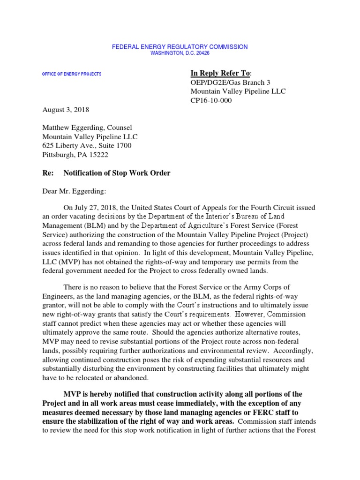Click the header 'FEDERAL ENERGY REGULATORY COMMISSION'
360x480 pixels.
click(x=180, y=47)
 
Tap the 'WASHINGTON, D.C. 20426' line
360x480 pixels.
click(x=180, y=53)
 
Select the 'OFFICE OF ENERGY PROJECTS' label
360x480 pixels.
click(x=72, y=75)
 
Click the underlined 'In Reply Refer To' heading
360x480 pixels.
click(x=220, y=73)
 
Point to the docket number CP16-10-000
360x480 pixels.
click(x=209, y=100)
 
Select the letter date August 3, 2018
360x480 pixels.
click(x=65, y=110)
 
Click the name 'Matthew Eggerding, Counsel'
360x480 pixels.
click(x=87, y=127)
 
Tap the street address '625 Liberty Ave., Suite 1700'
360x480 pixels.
click(x=87, y=146)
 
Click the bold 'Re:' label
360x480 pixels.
click(x=47, y=173)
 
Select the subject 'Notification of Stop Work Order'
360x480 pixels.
click(x=117, y=173)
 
